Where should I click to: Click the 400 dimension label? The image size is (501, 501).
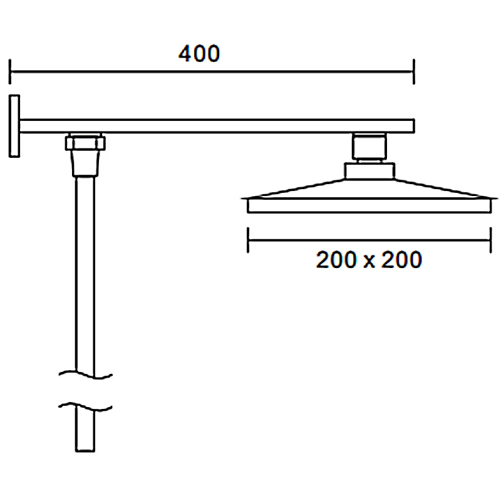pos(199,53)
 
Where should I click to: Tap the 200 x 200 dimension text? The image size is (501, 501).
pos(369,259)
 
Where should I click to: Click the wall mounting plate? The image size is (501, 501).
pos(14,126)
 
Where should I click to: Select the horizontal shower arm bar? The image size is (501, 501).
pos(217,126)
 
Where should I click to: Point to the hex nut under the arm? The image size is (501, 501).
pos(85,143)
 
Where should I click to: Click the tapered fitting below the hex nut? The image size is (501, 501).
pos(85,163)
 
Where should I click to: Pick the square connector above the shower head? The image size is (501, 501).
pos(369,147)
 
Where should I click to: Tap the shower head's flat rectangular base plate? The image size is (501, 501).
pos(369,206)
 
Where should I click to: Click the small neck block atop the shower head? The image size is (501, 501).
pos(369,170)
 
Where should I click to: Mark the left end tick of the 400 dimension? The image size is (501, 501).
pos(10,71)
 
